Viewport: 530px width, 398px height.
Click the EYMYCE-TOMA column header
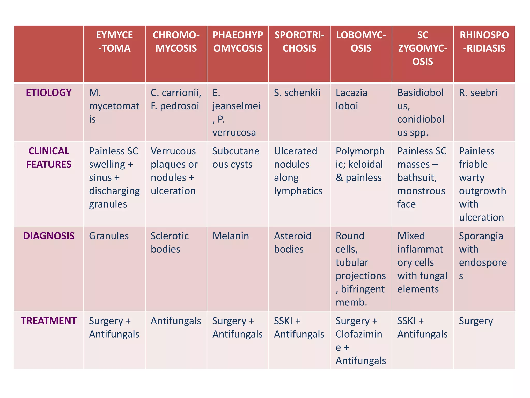pos(114,42)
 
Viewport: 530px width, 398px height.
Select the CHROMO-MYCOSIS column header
pos(176,42)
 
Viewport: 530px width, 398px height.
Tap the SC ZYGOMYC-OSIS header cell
pos(423,48)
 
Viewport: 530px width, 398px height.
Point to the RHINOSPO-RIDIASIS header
pos(484,42)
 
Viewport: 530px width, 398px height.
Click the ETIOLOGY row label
pos(49,93)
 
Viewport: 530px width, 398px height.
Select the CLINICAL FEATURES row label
pos(49,158)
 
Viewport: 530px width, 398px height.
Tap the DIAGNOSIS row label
pos(49,236)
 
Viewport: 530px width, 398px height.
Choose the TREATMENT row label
pos(49,321)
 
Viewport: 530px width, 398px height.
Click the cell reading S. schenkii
pos(297,93)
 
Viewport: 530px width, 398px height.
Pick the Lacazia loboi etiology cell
pos(351,99)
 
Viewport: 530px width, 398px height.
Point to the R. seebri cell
pos(478,93)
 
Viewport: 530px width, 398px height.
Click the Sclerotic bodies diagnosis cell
pos(170,243)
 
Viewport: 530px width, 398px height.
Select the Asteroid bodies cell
pos(292,243)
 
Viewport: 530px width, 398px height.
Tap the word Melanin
pos(231,236)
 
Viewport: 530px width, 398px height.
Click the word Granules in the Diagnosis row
pos(109,236)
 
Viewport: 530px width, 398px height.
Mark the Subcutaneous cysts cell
pos(236,158)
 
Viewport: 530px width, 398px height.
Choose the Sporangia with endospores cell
pos(483,256)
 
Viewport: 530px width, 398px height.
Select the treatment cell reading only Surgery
pos(476,321)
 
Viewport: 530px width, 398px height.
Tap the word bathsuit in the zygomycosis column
pos(417,178)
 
